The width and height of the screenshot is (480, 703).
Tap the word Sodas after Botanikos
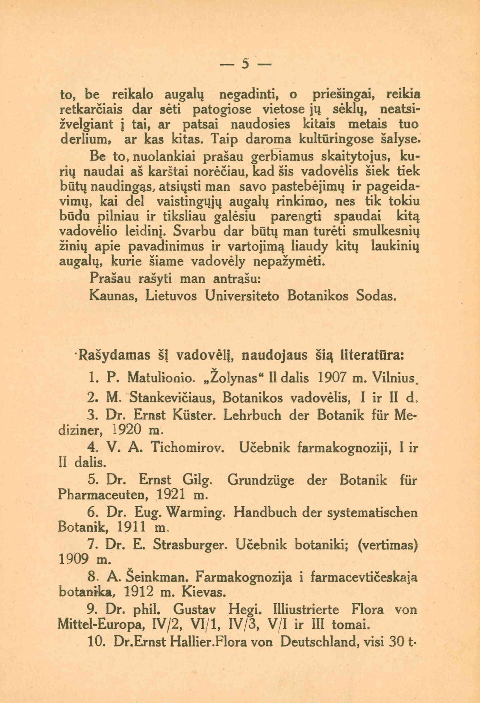click(x=375, y=295)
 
